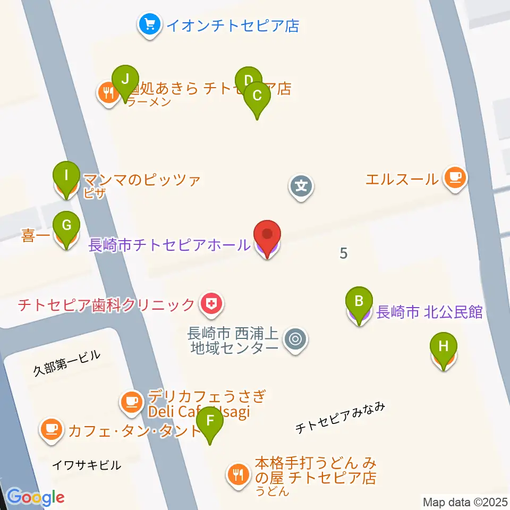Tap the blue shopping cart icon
pos(149,24)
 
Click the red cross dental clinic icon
pos(211,304)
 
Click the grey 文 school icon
pos(301,186)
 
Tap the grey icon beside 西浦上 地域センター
pos(295,339)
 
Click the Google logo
pos(36,498)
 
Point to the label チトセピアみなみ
pos(339,418)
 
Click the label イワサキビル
pos(86,465)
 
